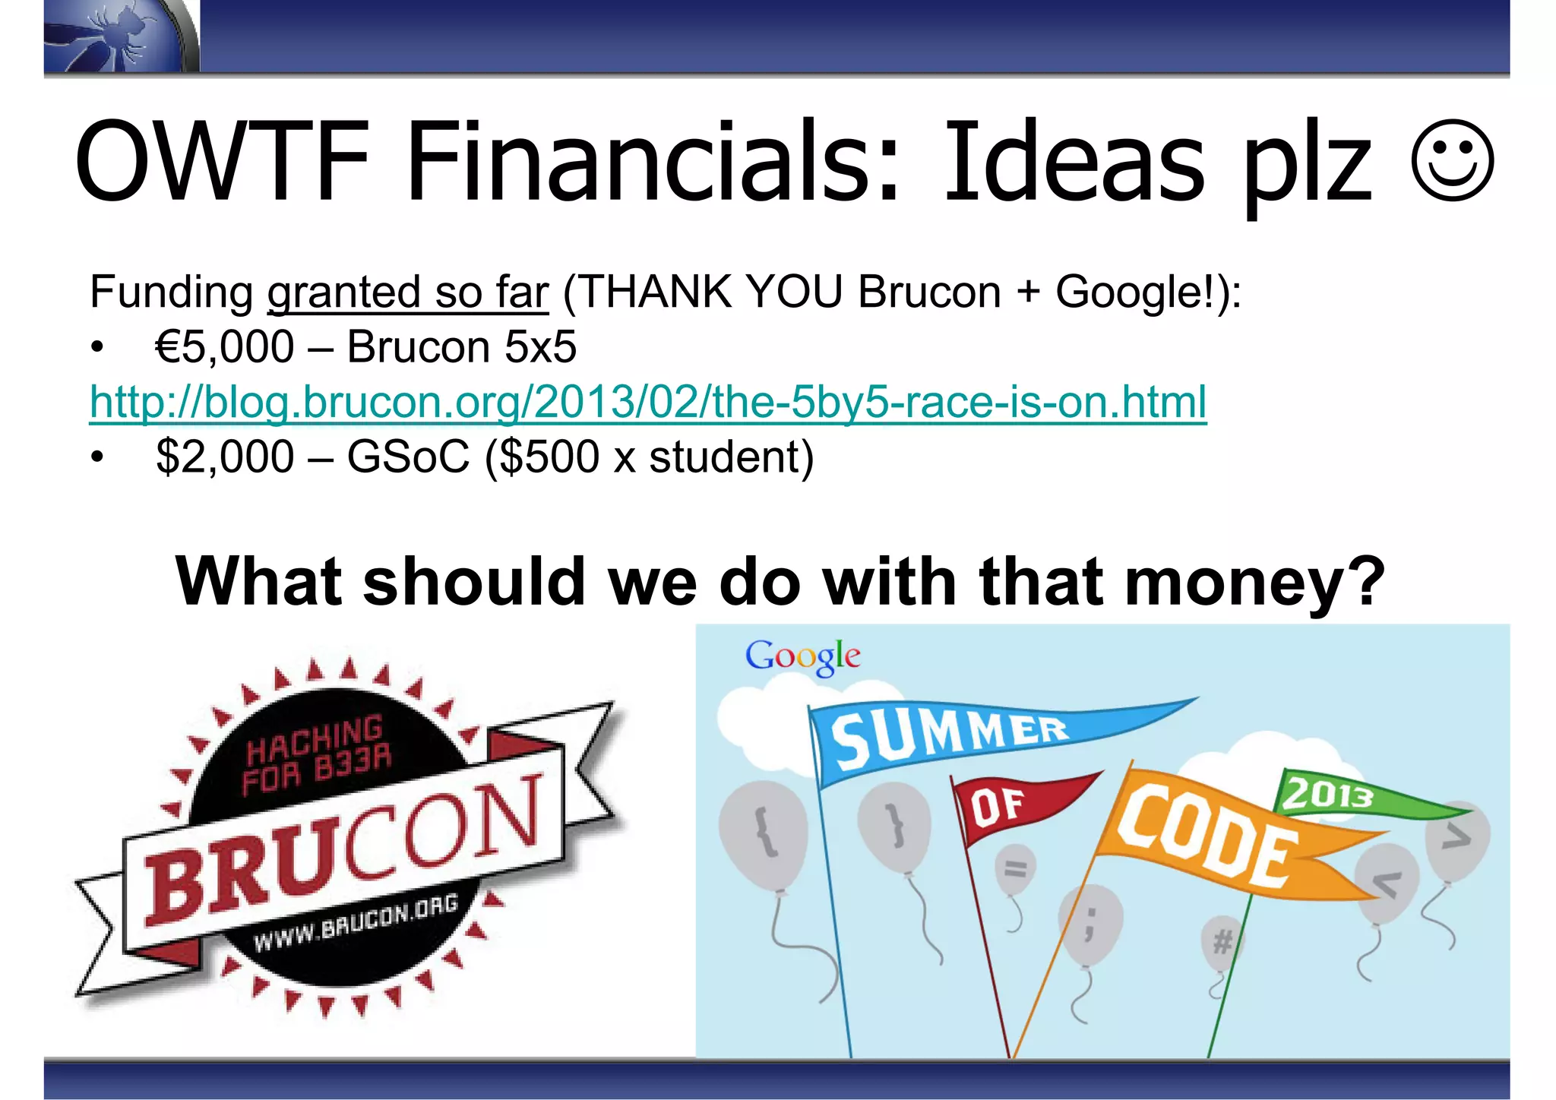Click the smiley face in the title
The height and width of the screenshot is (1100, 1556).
1452,162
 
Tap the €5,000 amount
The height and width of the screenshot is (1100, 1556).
224,347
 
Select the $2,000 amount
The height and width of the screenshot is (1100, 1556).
224,457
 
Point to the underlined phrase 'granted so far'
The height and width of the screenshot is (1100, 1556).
407,292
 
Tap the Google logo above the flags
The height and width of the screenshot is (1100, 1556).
802,656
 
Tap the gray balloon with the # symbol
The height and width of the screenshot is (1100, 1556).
1222,943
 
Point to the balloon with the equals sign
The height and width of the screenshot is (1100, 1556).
1016,869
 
